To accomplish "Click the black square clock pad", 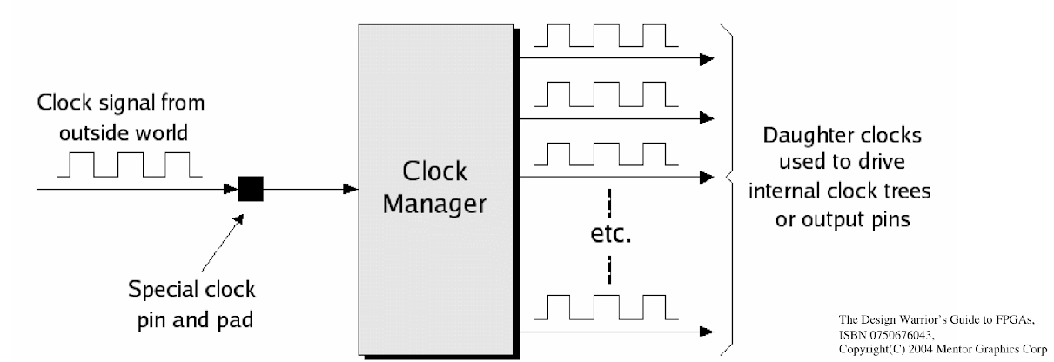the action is coord(251,189).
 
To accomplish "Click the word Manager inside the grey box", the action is coord(434,204).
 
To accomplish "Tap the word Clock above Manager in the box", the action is coord(435,171).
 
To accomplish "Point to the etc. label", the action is coord(610,234).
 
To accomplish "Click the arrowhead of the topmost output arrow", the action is coord(707,59).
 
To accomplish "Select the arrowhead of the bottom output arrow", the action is coord(707,332).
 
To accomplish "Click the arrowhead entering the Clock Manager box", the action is coord(351,189).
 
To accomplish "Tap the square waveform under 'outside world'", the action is coord(130,164).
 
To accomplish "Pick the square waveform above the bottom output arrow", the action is coord(607,308).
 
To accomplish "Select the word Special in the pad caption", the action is coord(158,290).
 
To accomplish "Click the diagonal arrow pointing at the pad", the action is coord(223,243).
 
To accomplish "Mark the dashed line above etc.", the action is coord(609,204).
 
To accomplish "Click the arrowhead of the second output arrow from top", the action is coord(707,118).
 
